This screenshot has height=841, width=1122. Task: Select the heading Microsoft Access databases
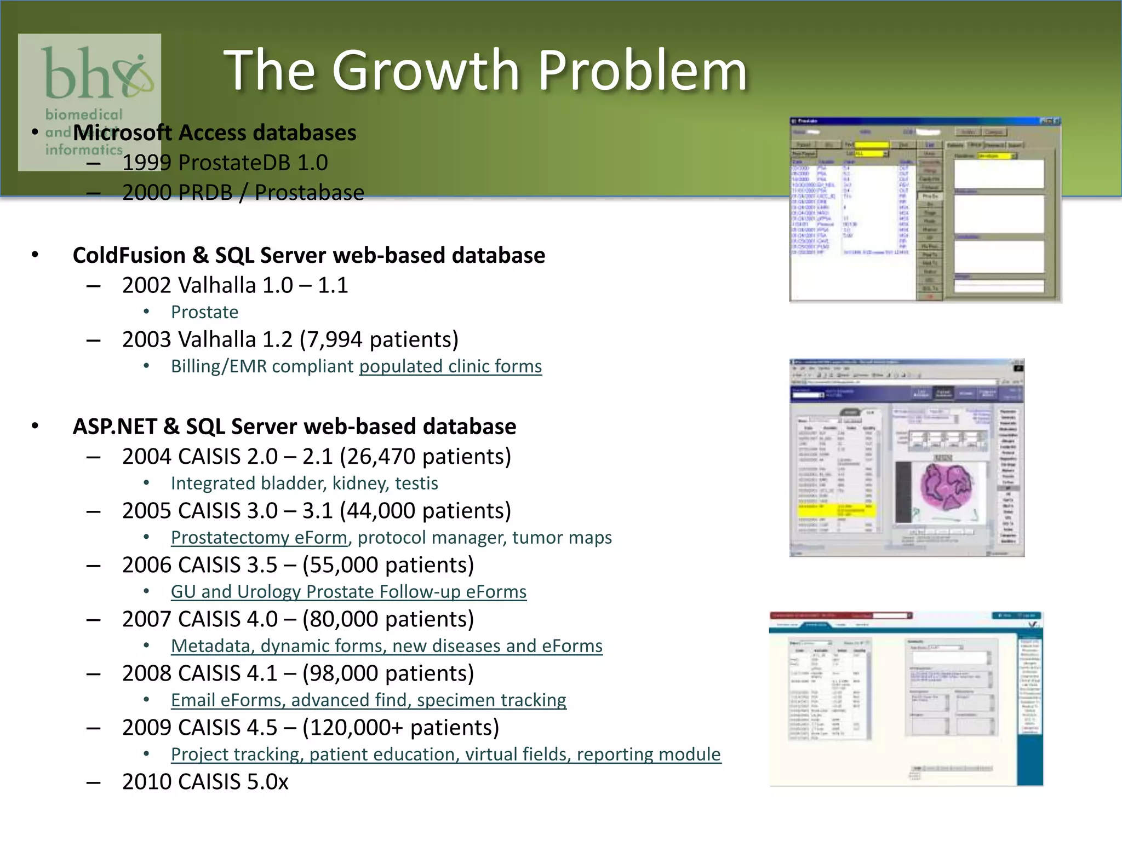coord(214,133)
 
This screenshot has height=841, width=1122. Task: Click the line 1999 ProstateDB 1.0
coord(225,163)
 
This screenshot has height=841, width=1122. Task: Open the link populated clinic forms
coord(450,366)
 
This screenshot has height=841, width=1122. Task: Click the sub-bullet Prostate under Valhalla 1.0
coord(204,312)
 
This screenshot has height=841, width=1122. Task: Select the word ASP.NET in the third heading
coord(115,427)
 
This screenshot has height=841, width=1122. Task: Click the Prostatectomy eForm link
coord(259,538)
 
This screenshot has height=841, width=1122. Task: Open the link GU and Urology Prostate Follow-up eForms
coord(348,592)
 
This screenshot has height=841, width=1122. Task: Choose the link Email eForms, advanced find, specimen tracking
coord(368,700)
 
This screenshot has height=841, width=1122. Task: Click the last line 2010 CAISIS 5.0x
coord(205,782)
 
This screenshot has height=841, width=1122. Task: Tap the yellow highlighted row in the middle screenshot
coord(837,510)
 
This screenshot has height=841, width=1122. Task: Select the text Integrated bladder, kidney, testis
coord(304,483)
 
